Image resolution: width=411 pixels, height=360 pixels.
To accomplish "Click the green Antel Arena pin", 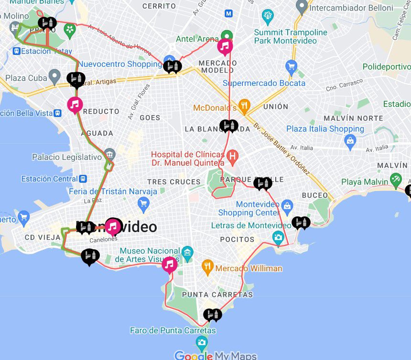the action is [227, 35].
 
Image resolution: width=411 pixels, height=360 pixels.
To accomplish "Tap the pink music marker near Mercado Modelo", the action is [225, 46].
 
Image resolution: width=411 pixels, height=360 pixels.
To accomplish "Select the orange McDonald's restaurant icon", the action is [244, 106].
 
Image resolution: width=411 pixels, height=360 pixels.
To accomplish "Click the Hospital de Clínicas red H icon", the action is [233, 156].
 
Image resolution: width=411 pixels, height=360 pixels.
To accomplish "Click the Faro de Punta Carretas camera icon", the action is [202, 342].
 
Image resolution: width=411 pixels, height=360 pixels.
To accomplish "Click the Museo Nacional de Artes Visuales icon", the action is [187, 251].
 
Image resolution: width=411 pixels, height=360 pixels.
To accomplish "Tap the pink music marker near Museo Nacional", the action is [170, 264].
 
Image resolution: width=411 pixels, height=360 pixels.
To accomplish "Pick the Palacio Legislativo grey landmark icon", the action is [110, 154].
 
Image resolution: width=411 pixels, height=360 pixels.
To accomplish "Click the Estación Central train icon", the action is [83, 179].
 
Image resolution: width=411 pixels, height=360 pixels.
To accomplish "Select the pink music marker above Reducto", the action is [75, 104].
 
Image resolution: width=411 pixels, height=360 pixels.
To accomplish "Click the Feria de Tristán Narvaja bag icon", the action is [143, 204].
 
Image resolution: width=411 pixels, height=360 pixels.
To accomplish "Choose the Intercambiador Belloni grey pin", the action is [301, 7].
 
